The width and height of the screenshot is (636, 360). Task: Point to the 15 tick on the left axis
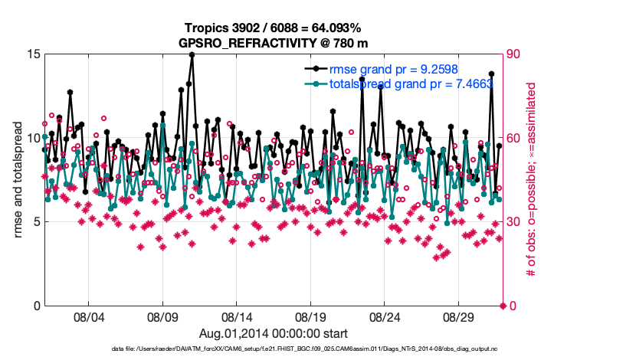[34, 54]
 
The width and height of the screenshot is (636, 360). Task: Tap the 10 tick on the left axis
[34, 138]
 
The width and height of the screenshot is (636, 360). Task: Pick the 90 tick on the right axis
[516, 54]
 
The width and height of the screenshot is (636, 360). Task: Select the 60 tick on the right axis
[516, 138]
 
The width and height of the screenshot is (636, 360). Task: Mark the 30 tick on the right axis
[516, 222]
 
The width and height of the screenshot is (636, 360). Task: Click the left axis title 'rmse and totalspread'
[18, 180]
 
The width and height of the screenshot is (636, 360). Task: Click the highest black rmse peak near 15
[192, 55]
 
